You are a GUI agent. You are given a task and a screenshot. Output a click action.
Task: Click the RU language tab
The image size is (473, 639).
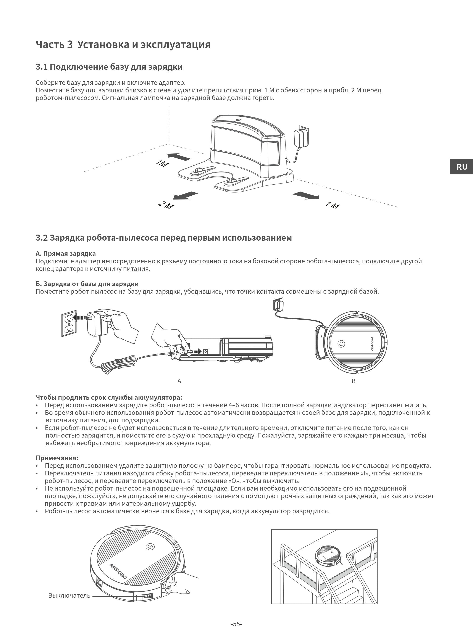coord(461,167)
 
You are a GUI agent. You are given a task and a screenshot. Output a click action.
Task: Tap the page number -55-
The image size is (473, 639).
coord(236,624)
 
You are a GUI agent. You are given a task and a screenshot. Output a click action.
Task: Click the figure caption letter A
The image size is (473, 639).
coord(179,381)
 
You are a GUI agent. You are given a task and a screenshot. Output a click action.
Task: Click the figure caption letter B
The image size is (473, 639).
coord(353,381)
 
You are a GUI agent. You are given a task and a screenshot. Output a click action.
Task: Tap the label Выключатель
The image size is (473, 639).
coord(69,596)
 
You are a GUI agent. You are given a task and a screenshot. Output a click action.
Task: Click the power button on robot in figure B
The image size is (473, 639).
coord(341,344)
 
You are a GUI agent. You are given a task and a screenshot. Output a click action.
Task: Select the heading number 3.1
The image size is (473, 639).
coord(42,67)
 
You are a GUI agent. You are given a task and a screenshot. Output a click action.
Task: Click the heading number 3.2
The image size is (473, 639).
coord(42,238)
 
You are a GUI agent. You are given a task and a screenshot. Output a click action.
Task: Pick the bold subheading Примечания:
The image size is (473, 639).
coord(57,458)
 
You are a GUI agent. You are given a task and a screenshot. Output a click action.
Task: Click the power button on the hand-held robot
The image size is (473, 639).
coord(150,547)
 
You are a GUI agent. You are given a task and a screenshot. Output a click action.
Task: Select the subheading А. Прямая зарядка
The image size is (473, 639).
coord(66,254)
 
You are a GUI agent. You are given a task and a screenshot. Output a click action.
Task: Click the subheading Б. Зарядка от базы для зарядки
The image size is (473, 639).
coord(87,284)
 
